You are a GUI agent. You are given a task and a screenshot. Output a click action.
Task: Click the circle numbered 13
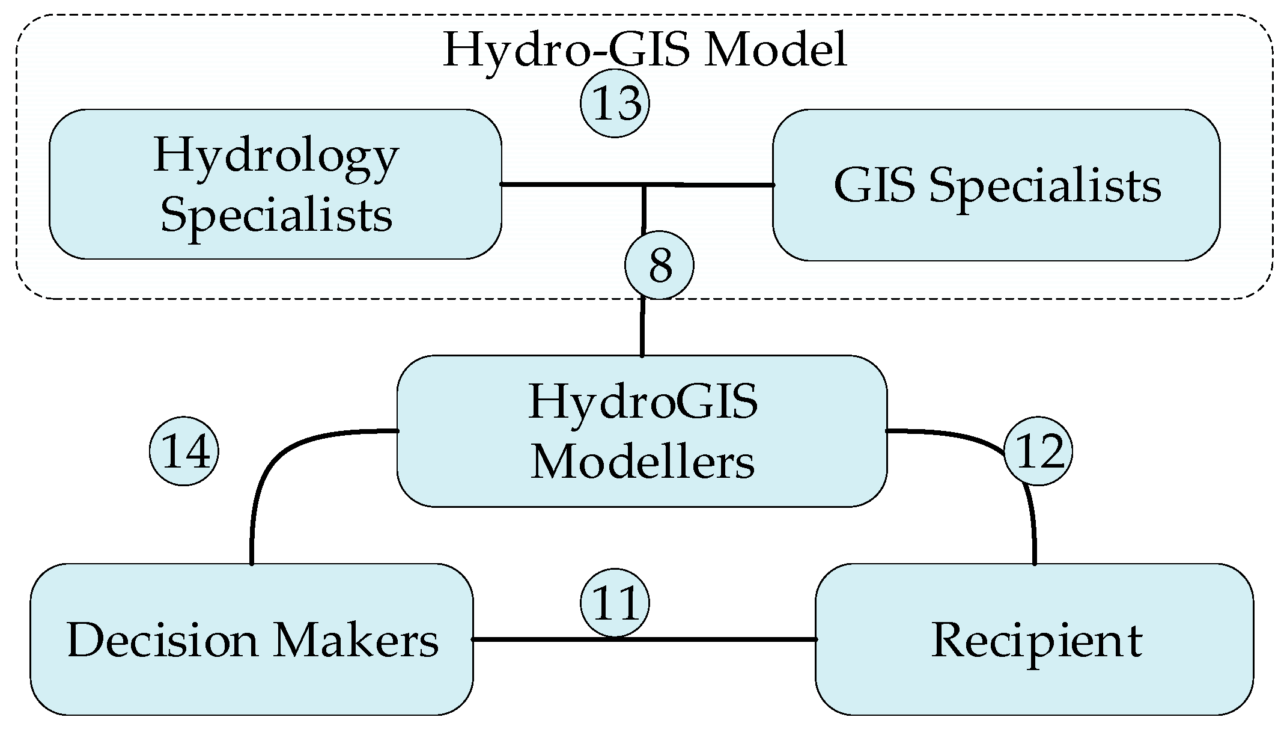coord(615,103)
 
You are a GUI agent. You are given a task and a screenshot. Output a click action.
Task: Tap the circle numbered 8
coord(659,266)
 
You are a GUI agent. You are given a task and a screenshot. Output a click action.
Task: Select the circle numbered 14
coord(184,451)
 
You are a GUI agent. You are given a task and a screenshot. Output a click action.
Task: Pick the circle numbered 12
coord(1038,451)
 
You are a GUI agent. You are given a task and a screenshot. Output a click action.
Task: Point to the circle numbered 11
coord(615,603)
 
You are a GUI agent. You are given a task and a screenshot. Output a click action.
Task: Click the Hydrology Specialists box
coord(275,185)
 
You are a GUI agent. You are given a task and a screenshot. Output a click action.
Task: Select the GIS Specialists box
coord(996,185)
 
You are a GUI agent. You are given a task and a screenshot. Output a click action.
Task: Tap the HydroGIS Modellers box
coord(642,431)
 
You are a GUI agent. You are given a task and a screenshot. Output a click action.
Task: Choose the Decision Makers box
coord(251,639)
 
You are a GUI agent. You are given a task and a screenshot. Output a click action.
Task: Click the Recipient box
coord(1034,639)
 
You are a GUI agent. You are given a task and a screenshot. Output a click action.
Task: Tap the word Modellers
coord(642,463)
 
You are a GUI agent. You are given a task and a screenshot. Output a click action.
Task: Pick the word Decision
coord(162,639)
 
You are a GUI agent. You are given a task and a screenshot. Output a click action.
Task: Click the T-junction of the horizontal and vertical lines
coord(643,185)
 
